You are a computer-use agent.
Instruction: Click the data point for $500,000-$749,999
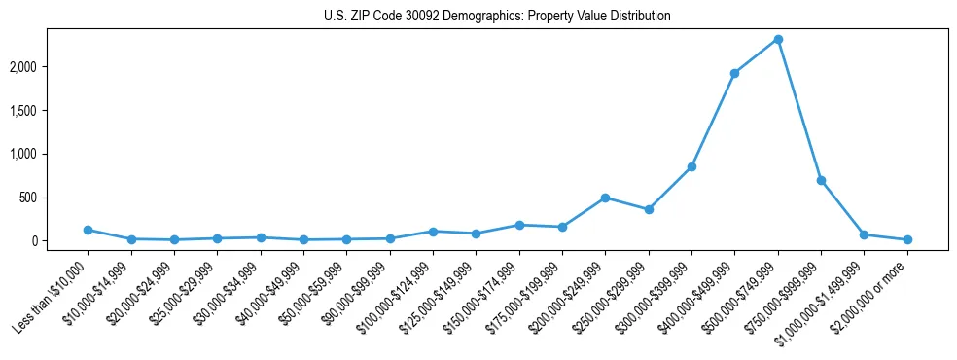[x=778, y=40]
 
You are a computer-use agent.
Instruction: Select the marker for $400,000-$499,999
[x=734, y=73]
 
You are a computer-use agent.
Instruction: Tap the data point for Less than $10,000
[x=88, y=230]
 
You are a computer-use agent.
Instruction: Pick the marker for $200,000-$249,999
[x=605, y=198]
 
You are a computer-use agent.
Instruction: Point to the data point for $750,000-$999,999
[x=821, y=180]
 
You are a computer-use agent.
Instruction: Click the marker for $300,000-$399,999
[x=691, y=167]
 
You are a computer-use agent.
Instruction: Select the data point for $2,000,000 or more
[x=907, y=239]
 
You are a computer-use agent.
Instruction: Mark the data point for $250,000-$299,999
[x=649, y=209]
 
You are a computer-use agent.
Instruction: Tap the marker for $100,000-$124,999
[x=433, y=232]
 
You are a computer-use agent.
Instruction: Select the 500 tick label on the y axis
[x=55, y=198]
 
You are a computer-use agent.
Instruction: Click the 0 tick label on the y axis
[x=60, y=241]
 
